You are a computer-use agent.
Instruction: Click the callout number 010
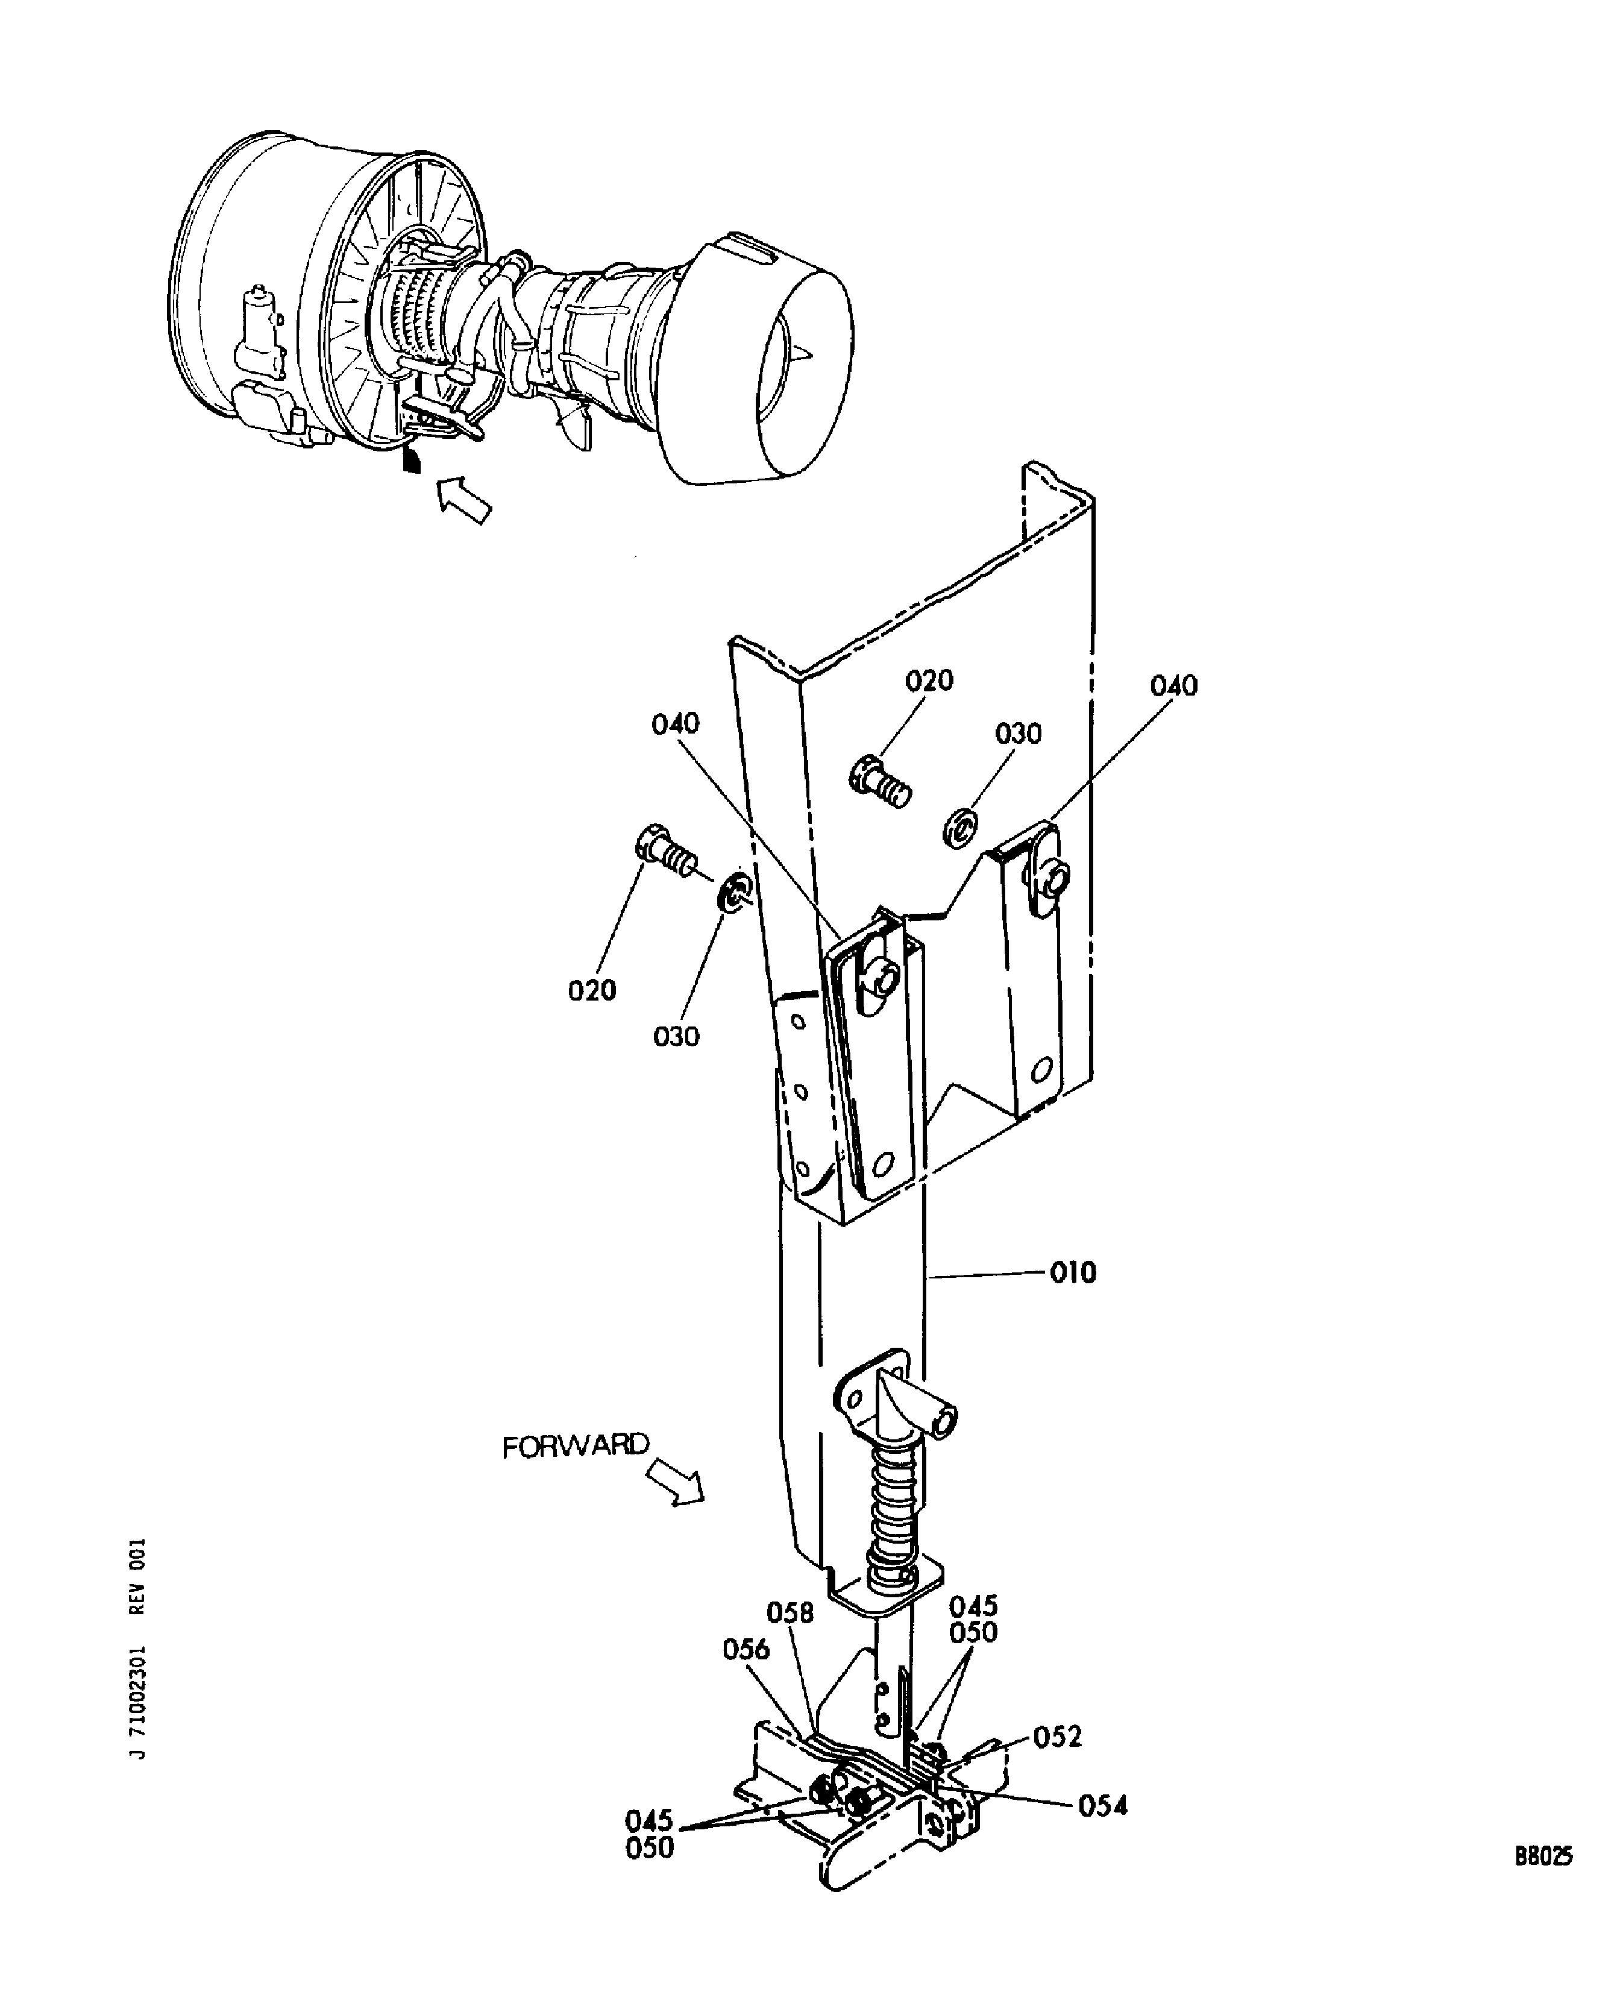tap(1073, 1273)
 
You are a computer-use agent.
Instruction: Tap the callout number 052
tap(1058, 1737)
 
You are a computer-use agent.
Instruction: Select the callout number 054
tap(1102, 1806)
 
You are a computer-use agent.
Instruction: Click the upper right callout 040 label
tap(1173, 686)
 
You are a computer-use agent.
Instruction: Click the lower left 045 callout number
tap(649, 1820)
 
